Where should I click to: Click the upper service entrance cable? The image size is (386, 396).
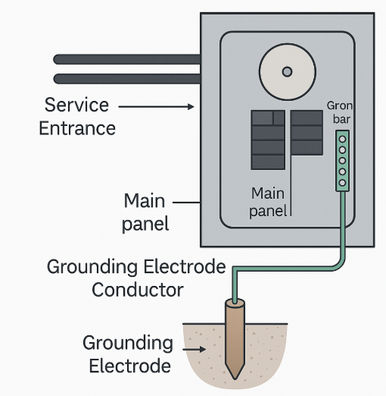pyautogui.click(x=127, y=59)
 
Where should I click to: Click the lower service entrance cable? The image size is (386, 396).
pyautogui.click(x=127, y=79)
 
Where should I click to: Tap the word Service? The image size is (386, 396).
pyautogui.click(x=76, y=105)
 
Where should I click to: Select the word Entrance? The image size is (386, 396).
pyautogui.click(x=77, y=128)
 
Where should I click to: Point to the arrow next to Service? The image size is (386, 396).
pyautogui.click(x=156, y=107)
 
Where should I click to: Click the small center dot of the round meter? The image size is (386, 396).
pyautogui.click(x=287, y=72)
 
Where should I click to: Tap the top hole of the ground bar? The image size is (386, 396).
pyautogui.click(x=342, y=139)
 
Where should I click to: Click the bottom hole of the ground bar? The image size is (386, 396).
pyautogui.click(x=342, y=183)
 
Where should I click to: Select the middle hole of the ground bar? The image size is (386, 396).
pyautogui.click(x=342, y=161)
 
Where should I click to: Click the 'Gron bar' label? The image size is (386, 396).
pyautogui.click(x=340, y=112)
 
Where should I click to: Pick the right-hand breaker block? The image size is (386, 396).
pyautogui.click(x=307, y=133)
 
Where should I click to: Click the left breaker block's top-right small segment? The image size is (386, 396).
pyautogui.click(x=279, y=118)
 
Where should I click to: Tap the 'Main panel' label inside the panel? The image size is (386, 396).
pyautogui.click(x=268, y=203)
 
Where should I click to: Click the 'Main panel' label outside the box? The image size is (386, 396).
pyautogui.click(x=145, y=212)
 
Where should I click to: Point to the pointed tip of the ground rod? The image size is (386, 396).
pyautogui.click(x=235, y=379)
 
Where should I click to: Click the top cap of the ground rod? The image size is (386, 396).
pyautogui.click(x=235, y=303)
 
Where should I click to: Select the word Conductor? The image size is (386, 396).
pyautogui.click(x=138, y=290)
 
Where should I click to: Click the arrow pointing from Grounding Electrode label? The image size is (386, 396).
pyautogui.click(x=194, y=349)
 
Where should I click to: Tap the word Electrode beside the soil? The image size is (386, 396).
pyautogui.click(x=130, y=366)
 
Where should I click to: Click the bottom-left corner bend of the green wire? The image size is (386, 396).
pyautogui.click(x=235, y=269)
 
